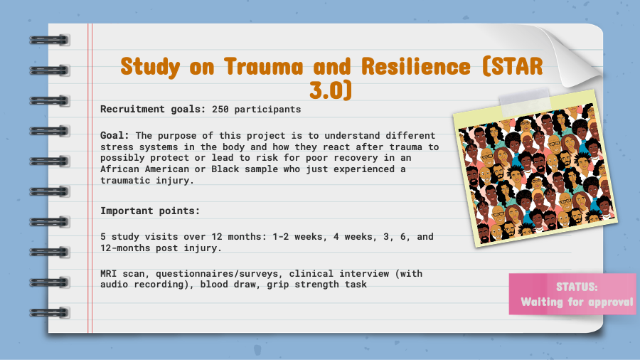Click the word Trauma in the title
pyautogui.click(x=264, y=67)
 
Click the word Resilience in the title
pyautogui.click(x=416, y=66)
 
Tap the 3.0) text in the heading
pyautogui.click(x=331, y=90)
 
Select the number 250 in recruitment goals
pyautogui.click(x=220, y=110)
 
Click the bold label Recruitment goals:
pyautogui.click(x=153, y=110)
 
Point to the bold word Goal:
pyautogui.click(x=114, y=135)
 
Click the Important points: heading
pyautogui.click(x=150, y=211)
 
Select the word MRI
pyautogui.click(x=109, y=273)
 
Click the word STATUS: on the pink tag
pyautogui.click(x=577, y=287)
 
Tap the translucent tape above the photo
pyautogui.click(x=526, y=101)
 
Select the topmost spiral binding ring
pyautogui.click(x=49, y=40)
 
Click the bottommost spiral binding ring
pyautogui.click(x=49, y=312)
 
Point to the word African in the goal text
pyautogui.click(x=120, y=169)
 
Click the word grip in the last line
pyautogui.click(x=278, y=285)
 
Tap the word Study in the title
pyautogui.click(x=150, y=68)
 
